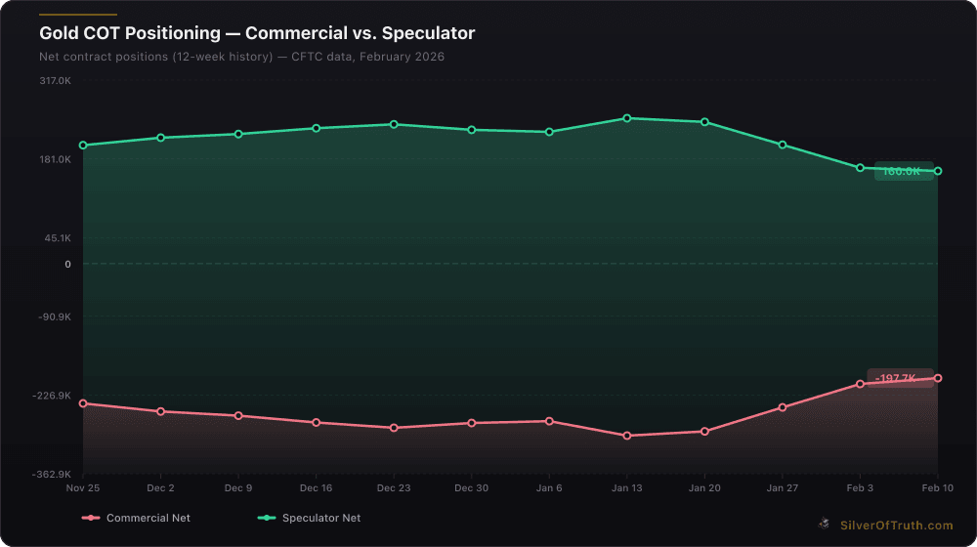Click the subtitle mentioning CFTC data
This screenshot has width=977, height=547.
coord(241,57)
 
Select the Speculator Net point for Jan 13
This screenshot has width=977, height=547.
coord(626,118)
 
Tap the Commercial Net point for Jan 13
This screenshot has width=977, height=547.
coord(626,436)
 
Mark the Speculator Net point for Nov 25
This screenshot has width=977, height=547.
coord(83,146)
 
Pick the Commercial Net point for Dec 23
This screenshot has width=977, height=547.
coord(394,428)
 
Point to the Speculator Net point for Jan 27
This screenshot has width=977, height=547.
coord(783,145)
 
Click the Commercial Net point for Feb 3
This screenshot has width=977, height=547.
coord(860,384)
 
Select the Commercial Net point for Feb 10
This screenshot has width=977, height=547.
coord(938,378)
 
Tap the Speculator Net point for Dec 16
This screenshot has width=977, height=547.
coord(316,128)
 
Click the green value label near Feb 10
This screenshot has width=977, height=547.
coord(903,172)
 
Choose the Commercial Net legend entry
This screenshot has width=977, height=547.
coord(137,518)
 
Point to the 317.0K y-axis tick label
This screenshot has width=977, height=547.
coord(55,81)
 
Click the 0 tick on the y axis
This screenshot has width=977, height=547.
coord(66,264)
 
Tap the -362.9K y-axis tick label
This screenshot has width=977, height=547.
coord(53,475)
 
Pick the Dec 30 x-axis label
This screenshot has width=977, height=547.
coord(471,487)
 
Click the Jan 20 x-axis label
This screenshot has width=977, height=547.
coord(704,487)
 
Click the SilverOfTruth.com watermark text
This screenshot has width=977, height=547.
coord(895,526)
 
